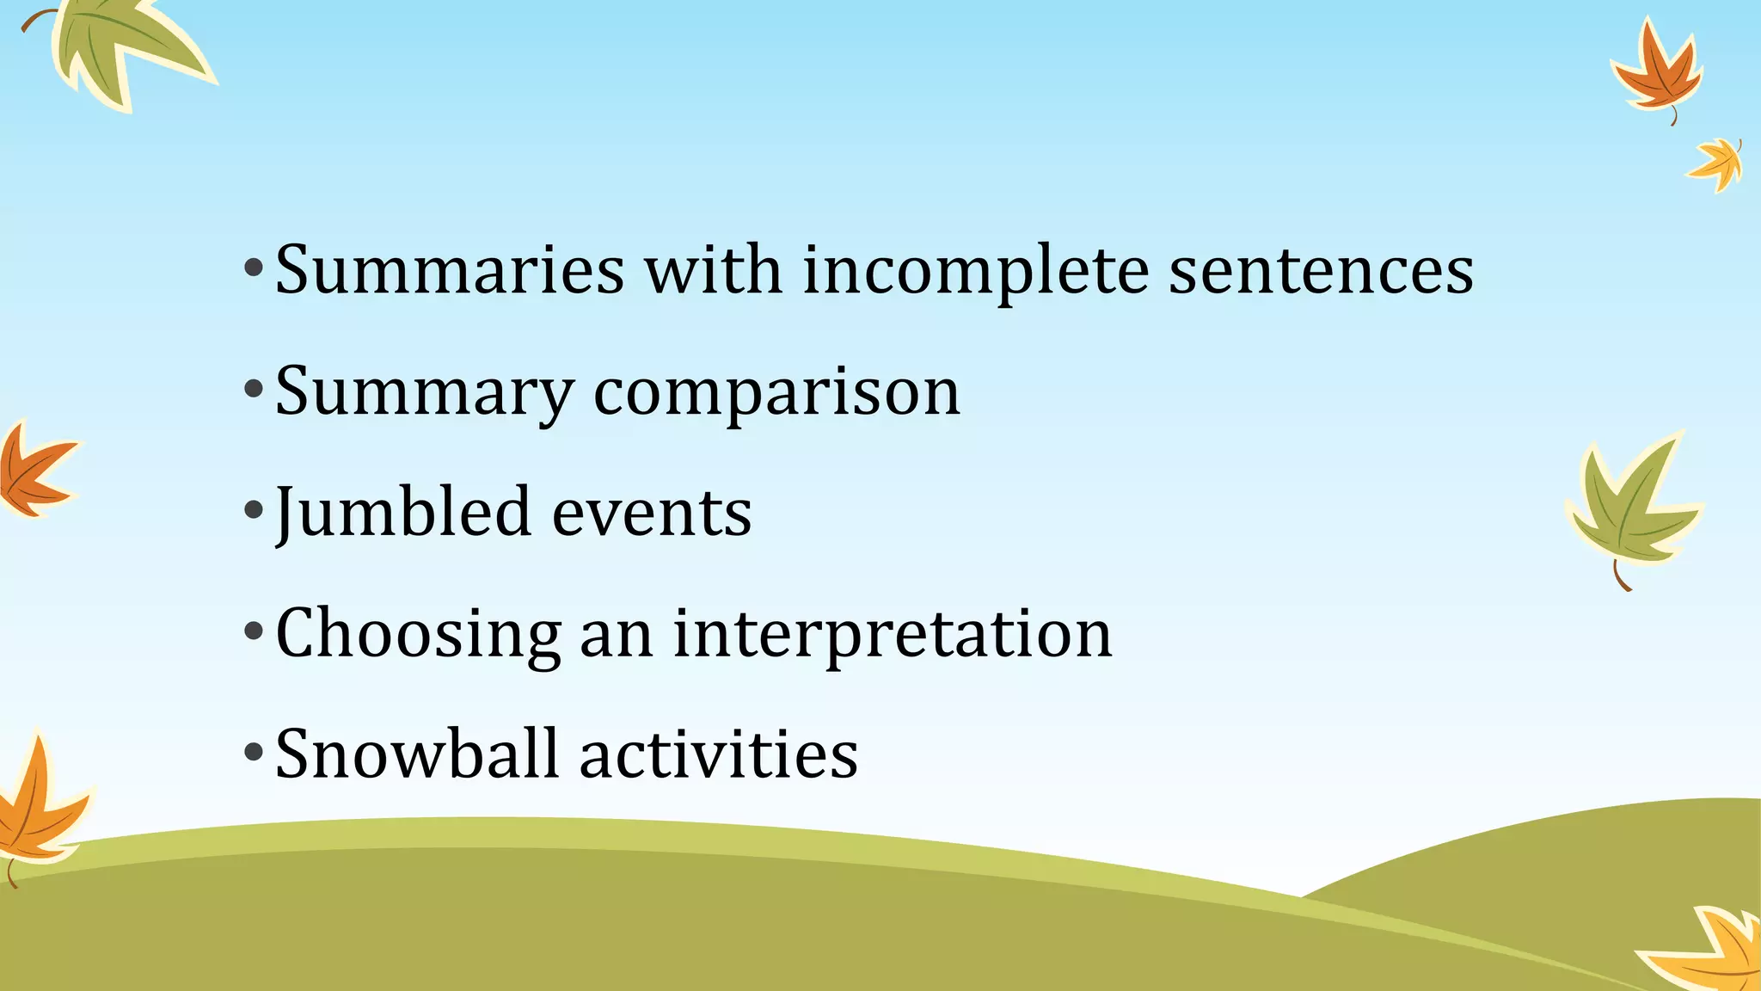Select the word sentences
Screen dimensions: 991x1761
point(1321,272)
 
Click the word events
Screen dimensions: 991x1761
point(651,513)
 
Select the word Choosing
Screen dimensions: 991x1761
point(419,635)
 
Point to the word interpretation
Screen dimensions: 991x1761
point(892,635)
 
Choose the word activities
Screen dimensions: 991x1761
point(719,754)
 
